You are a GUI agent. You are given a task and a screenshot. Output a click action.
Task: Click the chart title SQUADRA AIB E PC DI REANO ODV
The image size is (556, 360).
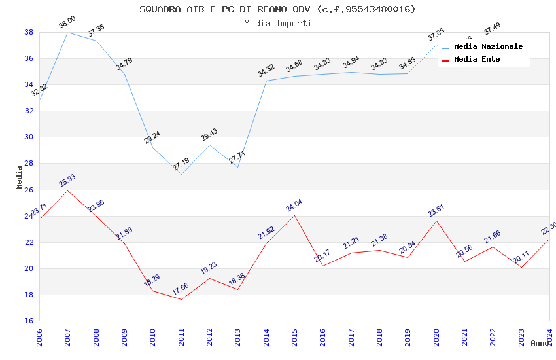click(277, 9)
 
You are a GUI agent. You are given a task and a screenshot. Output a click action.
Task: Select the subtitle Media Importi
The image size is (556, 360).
click(277, 23)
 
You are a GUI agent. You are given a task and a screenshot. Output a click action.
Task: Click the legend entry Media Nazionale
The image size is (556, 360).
click(488, 47)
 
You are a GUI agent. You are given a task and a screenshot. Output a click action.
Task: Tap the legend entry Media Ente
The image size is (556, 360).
click(477, 60)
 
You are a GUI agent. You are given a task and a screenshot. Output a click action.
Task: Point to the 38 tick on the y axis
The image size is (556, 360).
click(29, 32)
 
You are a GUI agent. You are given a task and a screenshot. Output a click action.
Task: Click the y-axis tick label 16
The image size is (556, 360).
click(29, 321)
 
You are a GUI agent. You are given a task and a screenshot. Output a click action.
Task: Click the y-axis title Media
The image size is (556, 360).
click(19, 177)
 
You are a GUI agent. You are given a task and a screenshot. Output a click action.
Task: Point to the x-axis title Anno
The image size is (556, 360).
click(540, 343)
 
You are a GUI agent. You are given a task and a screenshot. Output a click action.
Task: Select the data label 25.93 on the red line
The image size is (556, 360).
click(67, 181)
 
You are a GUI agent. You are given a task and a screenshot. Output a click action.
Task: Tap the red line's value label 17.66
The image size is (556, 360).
click(181, 289)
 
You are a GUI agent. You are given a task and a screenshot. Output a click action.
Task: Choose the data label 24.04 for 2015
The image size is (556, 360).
click(294, 206)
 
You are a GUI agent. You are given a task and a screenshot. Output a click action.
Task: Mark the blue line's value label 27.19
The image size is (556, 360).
click(181, 164)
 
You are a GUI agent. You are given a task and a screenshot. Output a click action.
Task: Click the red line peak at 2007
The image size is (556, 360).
click(67, 190)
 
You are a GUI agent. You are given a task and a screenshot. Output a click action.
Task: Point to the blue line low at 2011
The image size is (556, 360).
click(181, 174)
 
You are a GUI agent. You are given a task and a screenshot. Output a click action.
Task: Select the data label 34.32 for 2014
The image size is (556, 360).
click(266, 71)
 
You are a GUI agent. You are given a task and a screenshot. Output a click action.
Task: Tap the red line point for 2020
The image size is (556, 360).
click(436, 221)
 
